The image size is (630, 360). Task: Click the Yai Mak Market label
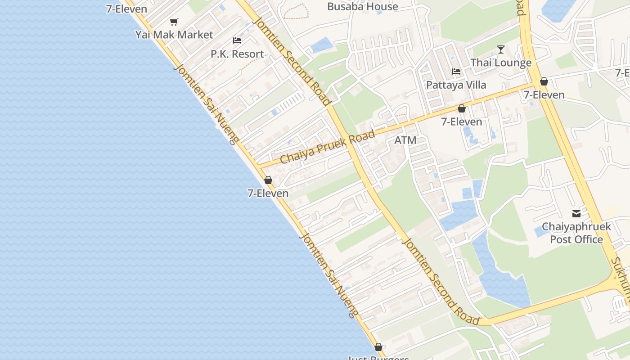(174, 35)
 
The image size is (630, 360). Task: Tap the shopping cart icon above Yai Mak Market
(174, 22)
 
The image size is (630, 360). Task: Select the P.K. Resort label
(237, 54)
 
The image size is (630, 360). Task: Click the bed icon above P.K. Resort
(237, 40)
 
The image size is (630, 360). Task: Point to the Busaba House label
(362, 7)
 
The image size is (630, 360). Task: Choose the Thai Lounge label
(501, 63)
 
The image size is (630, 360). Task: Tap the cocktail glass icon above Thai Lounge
(501, 49)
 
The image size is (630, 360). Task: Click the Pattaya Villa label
(456, 85)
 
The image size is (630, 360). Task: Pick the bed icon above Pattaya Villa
(456, 72)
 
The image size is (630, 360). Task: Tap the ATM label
(405, 140)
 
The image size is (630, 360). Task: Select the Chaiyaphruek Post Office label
(576, 233)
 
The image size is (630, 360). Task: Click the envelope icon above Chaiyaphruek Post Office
(576, 214)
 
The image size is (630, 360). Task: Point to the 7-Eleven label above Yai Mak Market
(126, 9)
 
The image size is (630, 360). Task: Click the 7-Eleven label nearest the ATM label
(461, 121)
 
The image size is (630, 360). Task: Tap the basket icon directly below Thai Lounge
(544, 81)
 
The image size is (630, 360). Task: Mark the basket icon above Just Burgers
(378, 347)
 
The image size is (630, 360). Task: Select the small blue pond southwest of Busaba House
(322, 45)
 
